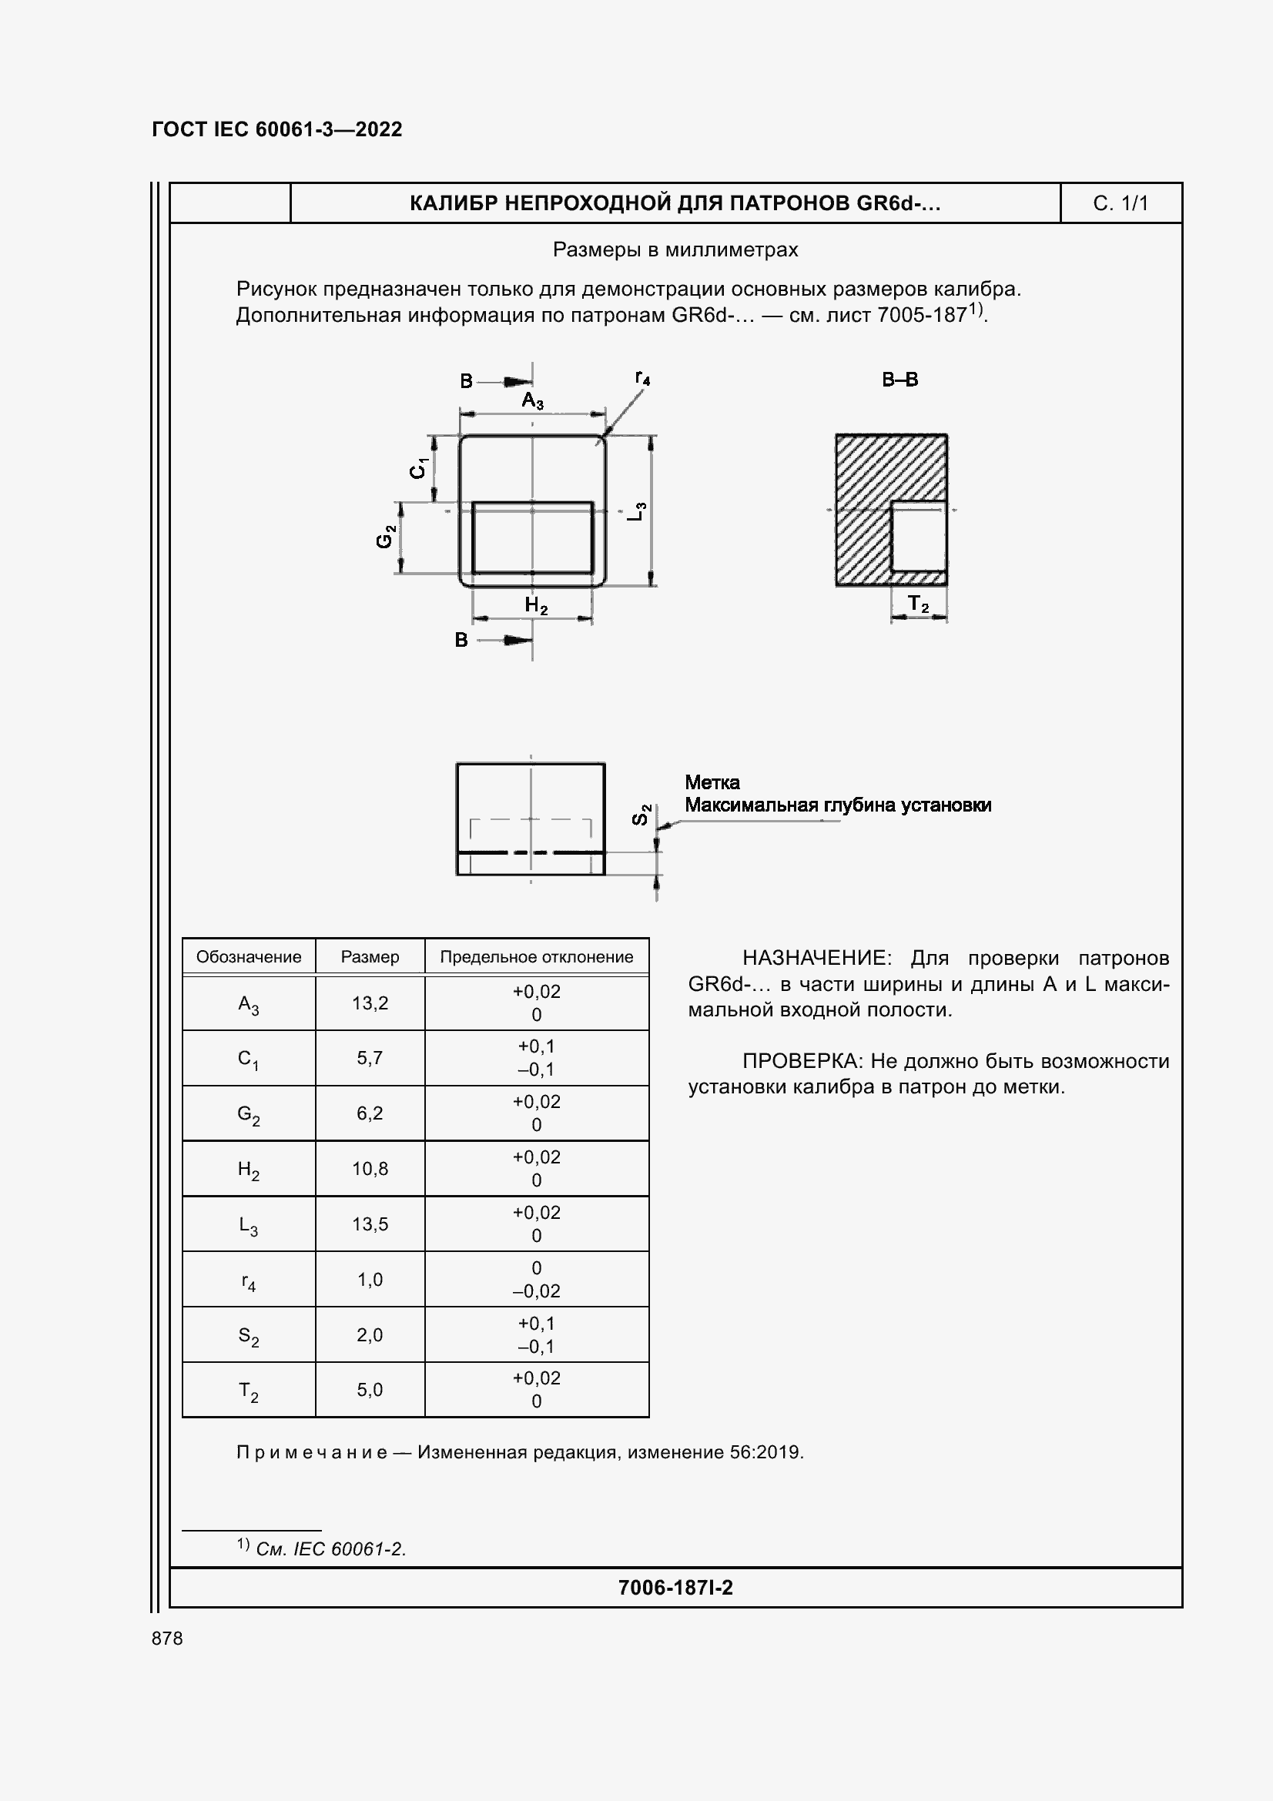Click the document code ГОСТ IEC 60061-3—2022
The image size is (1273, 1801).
pyautogui.click(x=277, y=129)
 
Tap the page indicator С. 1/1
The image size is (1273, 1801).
pyautogui.click(x=1120, y=204)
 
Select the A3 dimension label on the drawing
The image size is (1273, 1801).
pyautogui.click(x=533, y=401)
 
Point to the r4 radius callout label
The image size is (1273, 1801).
pyautogui.click(x=642, y=378)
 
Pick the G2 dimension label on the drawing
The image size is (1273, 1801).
pyautogui.click(x=385, y=537)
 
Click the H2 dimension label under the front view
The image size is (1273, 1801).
pyautogui.click(x=536, y=605)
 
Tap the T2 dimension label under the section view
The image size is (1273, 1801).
pyautogui.click(x=918, y=604)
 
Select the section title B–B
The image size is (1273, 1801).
pyautogui.click(x=899, y=380)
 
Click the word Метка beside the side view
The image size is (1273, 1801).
pyautogui.click(x=712, y=782)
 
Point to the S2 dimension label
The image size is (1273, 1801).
pyautogui.click(x=641, y=814)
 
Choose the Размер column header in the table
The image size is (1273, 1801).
pyautogui.click(x=370, y=957)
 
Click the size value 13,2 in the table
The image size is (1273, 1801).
pyautogui.click(x=370, y=1003)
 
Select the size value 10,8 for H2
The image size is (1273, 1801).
pyautogui.click(x=370, y=1169)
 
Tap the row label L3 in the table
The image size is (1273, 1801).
pyautogui.click(x=248, y=1225)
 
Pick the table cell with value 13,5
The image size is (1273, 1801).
pyautogui.click(x=370, y=1224)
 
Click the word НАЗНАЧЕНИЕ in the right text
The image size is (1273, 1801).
pyautogui.click(x=816, y=958)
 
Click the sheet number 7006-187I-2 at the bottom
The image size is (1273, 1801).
pyautogui.click(x=675, y=1588)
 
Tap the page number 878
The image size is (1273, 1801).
pyautogui.click(x=167, y=1639)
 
